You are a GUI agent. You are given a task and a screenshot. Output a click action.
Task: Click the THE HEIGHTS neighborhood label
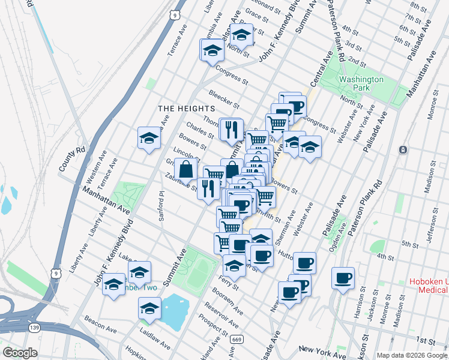pyautogui.click(x=178, y=109)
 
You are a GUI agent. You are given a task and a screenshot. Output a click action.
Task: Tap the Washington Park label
pyautogui.click(x=361, y=83)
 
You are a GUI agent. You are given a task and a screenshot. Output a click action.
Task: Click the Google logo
pyautogui.click(x=20, y=353)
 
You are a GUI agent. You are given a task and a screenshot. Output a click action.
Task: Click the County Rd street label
pyautogui.click(x=73, y=160)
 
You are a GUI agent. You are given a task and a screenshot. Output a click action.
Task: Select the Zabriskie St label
pyautogui.click(x=181, y=183)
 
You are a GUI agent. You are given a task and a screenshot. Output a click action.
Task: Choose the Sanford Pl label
pyautogui.click(x=161, y=207)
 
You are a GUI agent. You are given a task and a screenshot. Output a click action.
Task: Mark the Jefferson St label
pyautogui.click(x=431, y=227)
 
